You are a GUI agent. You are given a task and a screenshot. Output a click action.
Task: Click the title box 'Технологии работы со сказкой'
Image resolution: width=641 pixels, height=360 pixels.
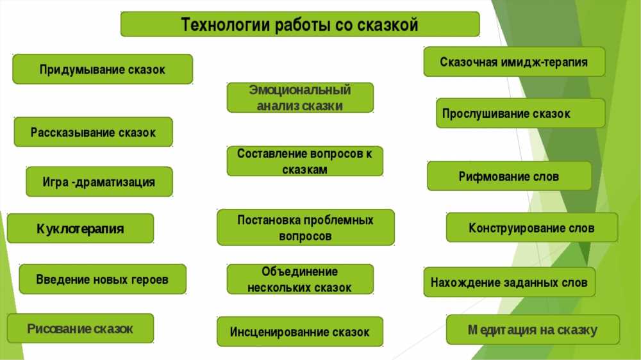click(x=300, y=24)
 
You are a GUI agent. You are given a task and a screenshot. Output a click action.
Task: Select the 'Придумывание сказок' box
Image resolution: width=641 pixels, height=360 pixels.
click(x=103, y=69)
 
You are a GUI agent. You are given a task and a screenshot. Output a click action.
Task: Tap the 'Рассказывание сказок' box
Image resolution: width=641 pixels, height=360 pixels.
click(x=93, y=132)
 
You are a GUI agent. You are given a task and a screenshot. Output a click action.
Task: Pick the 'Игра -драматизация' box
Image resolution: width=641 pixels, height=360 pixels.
click(x=99, y=181)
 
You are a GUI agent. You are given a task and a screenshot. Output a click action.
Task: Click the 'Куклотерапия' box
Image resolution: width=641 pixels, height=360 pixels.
click(x=81, y=229)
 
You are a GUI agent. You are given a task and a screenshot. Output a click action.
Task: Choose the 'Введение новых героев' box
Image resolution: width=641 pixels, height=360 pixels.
click(x=103, y=279)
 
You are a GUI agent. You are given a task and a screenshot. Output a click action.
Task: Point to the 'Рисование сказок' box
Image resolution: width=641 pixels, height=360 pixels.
click(x=81, y=329)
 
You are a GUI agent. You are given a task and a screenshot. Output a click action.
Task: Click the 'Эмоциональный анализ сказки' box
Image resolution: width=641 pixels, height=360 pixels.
click(x=300, y=97)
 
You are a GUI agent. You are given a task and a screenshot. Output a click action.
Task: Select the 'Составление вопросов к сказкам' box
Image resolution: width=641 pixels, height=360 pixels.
click(x=305, y=161)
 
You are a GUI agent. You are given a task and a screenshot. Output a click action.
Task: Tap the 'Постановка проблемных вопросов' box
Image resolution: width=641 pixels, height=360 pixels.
click(x=306, y=227)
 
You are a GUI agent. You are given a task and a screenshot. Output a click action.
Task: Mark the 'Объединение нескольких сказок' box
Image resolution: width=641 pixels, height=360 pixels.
click(x=300, y=279)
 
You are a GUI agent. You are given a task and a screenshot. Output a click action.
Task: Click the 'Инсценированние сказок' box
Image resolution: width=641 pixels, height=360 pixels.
click(x=300, y=331)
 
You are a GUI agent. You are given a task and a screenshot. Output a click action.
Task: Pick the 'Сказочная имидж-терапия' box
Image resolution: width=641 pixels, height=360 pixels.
click(x=514, y=61)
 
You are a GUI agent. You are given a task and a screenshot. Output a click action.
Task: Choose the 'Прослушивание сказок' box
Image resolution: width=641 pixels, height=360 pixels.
click(x=520, y=113)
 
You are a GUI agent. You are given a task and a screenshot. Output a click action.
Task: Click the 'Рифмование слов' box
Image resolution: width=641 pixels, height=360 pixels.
click(x=510, y=176)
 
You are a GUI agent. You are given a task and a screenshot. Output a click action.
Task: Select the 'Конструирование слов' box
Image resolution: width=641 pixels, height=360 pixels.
click(x=532, y=227)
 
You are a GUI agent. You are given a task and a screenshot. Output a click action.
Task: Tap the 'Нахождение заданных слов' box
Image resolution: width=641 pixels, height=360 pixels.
click(x=510, y=282)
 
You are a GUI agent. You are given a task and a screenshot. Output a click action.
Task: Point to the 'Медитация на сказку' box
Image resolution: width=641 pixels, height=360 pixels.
click(x=533, y=329)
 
